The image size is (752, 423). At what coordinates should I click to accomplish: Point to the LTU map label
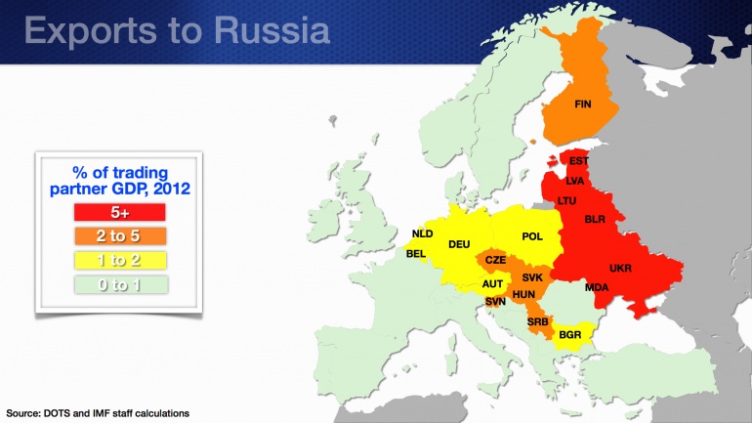point(566,200)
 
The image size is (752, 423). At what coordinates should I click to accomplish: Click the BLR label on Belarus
point(595,220)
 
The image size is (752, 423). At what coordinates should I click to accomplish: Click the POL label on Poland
point(532,236)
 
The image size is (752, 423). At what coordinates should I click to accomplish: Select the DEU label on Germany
point(459,244)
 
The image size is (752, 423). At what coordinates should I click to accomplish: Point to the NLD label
point(422,233)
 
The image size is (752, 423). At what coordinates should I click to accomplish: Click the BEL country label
point(416,254)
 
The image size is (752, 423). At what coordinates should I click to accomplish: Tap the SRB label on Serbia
point(537,321)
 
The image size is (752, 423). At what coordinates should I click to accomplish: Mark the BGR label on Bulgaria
point(569,335)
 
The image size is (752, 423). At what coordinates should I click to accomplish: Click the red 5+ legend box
point(119,212)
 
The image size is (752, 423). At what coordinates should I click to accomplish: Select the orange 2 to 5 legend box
point(119,236)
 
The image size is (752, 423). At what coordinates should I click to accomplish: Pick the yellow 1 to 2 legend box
point(119,261)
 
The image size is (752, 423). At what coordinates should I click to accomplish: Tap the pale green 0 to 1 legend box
point(119,285)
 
